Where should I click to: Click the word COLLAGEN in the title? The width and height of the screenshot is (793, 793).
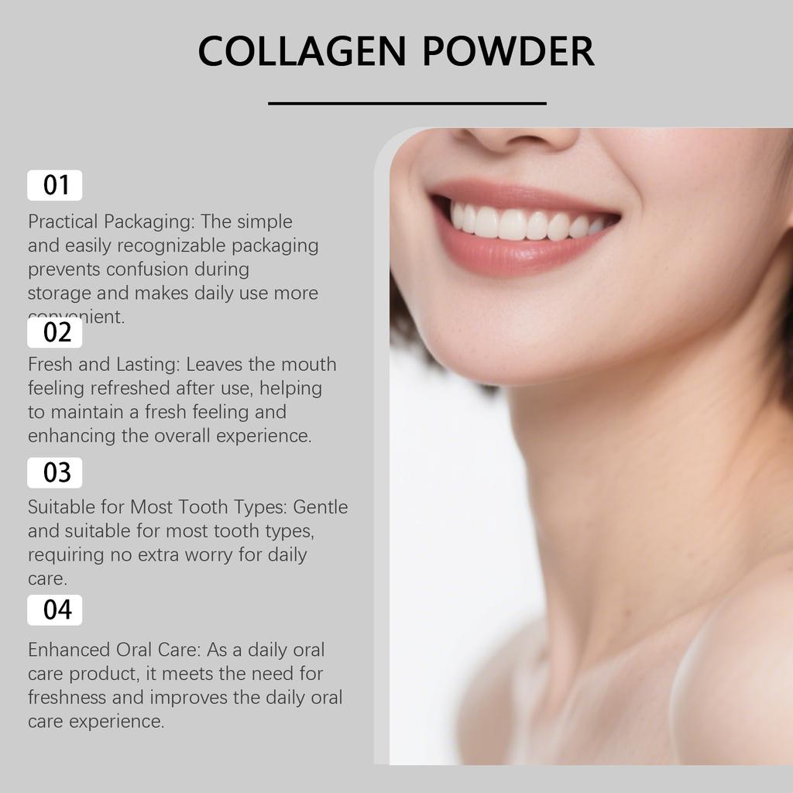click(x=301, y=51)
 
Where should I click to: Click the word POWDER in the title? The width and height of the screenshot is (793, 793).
click(x=509, y=51)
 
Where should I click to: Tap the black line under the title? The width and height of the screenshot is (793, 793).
click(x=407, y=103)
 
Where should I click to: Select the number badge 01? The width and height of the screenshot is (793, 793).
click(x=55, y=185)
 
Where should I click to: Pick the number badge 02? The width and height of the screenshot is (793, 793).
click(x=55, y=333)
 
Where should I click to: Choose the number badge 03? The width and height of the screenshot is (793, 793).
click(x=55, y=472)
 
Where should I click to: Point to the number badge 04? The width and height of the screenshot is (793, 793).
click(x=55, y=610)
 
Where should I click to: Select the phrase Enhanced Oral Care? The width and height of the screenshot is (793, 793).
click(x=115, y=650)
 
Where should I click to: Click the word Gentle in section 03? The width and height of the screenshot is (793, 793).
click(x=321, y=507)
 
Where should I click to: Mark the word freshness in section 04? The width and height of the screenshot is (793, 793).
click(x=67, y=698)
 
